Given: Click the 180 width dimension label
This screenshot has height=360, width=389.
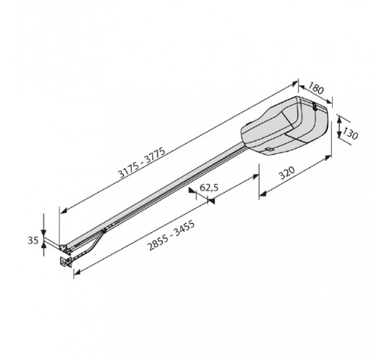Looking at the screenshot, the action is pos(316,89).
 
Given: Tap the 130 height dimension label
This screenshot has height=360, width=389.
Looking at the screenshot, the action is pos(350,134).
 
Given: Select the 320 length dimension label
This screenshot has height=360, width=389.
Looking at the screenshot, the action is pos(287,173).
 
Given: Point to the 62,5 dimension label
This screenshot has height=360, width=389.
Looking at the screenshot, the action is pos(209,187).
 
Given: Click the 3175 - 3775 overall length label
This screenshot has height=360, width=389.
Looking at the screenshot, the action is pos(142,162).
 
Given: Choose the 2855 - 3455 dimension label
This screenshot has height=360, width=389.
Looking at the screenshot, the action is pos(171,235).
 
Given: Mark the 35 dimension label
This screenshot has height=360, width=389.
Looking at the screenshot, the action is pos(33,241).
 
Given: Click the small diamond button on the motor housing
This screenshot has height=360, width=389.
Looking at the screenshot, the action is pos(269,149).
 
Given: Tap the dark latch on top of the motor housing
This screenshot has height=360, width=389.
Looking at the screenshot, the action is pos(315,107).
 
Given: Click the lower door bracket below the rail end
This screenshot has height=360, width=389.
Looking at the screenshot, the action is pos(66,262).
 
